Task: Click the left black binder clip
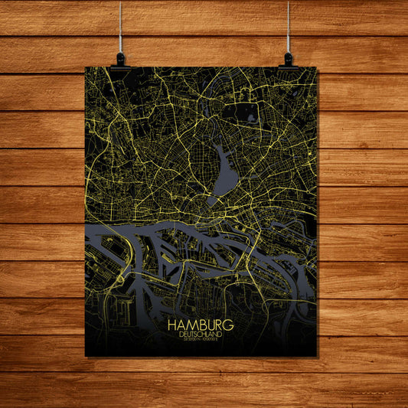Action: click(x=120, y=58)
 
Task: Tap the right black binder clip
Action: click(x=288, y=59)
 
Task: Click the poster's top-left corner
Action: click(x=86, y=67)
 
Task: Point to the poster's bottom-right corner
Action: click(x=316, y=357)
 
